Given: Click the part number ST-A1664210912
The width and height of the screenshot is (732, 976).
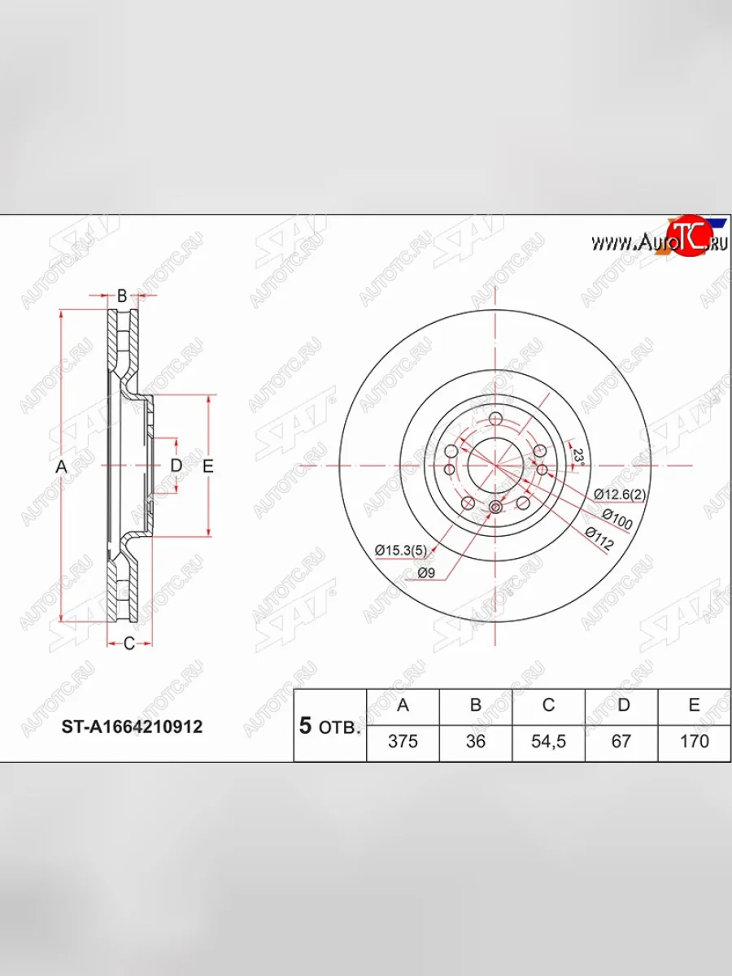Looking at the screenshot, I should (x=133, y=726).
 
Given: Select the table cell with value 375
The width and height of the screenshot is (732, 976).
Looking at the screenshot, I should (x=403, y=742).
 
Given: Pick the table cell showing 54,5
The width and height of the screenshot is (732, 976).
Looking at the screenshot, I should (x=548, y=742).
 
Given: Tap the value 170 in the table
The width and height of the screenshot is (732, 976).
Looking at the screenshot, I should (x=694, y=742).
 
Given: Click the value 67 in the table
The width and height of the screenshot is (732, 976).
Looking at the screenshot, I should (x=621, y=742).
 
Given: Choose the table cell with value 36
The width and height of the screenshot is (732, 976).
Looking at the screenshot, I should (x=475, y=742).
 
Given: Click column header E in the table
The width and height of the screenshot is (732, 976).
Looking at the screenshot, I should (x=694, y=705).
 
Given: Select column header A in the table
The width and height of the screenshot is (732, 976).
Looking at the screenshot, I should (x=403, y=705).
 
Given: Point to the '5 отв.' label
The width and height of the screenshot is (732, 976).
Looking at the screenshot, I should (x=329, y=726).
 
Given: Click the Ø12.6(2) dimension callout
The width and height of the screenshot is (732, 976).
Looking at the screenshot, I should (x=621, y=494).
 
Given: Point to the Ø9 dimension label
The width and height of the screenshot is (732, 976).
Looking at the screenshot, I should (x=428, y=573).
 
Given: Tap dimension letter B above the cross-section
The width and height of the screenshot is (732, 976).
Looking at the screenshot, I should (x=122, y=296).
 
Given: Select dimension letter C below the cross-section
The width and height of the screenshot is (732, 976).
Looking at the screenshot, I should (x=129, y=644).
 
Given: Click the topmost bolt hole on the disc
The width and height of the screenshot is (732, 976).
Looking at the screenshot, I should (x=495, y=420).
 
